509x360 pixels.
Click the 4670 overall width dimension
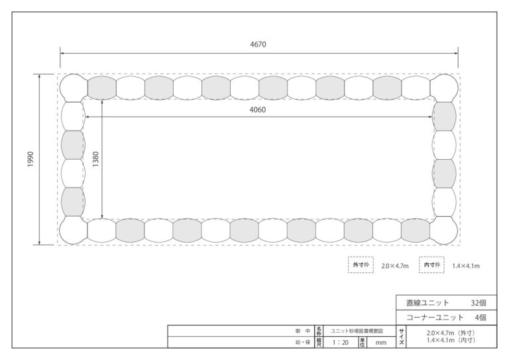coord(258,44)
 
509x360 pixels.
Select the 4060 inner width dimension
coord(257,109)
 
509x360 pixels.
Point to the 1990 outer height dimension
coord(30,159)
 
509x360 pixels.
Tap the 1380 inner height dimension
coord(95,159)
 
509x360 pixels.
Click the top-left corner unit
coord(74,88)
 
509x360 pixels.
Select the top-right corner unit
coord(444,88)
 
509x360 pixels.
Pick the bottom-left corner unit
coord(74,230)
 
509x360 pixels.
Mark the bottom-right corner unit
coord(444,230)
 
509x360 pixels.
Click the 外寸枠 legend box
coord(361,265)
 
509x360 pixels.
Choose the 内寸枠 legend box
coord(431,265)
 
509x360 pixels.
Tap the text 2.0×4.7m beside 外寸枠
coord(395,266)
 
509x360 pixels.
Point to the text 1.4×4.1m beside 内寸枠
coord(466,266)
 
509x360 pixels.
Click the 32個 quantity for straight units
coord(479,303)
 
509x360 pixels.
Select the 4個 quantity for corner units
coord(481,318)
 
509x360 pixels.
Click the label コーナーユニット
coord(435,318)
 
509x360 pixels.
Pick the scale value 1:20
coord(341,343)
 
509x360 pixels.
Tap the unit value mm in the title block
coord(381,343)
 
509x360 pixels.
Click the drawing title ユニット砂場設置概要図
coord(357,331)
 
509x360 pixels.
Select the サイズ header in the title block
coord(402,337)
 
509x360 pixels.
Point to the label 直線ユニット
coord(427,303)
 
